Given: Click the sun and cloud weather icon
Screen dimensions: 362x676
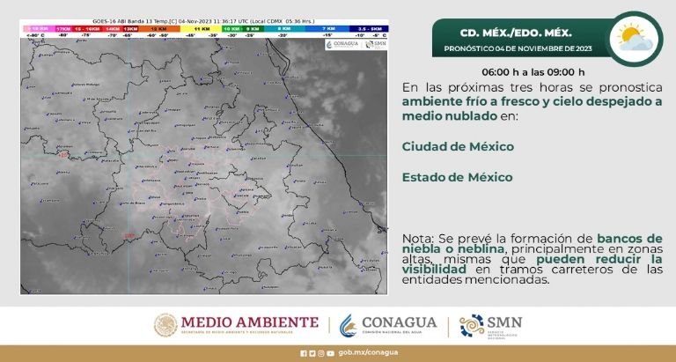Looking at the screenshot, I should click(x=636, y=39).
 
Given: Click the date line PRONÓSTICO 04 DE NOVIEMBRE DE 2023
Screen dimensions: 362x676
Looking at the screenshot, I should click(x=518, y=48).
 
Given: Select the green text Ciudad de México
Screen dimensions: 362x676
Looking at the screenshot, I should click(x=458, y=146).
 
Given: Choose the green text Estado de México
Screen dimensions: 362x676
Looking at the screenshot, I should click(x=457, y=177).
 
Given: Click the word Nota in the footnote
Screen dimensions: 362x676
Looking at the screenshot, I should click(x=419, y=239).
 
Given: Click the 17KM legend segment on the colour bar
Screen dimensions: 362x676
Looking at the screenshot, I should click(x=62, y=29).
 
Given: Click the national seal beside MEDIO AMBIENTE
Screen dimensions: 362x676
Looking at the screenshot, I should click(x=167, y=325).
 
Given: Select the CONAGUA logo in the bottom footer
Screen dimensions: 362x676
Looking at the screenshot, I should click(x=387, y=325).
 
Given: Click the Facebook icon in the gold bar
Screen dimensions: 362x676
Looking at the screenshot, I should click(x=304, y=354).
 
